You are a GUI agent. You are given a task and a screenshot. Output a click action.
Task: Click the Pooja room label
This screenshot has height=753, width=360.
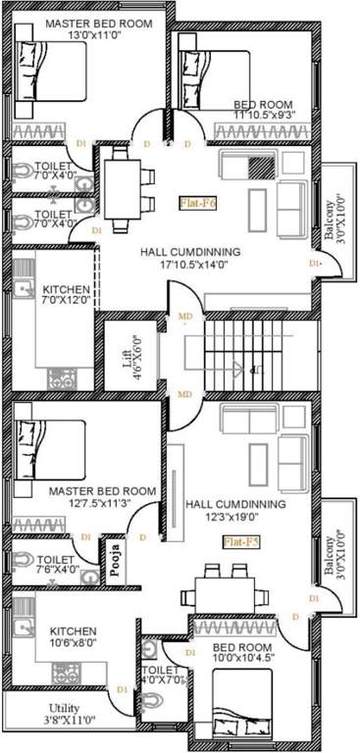pos(116,558)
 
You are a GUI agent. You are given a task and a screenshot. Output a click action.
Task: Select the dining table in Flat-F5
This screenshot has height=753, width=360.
pos(226,591)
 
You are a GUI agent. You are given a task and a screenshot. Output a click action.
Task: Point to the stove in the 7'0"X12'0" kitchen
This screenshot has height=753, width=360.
pos(63,377)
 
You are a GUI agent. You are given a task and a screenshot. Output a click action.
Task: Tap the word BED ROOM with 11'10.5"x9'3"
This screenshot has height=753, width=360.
pos(262,104)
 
